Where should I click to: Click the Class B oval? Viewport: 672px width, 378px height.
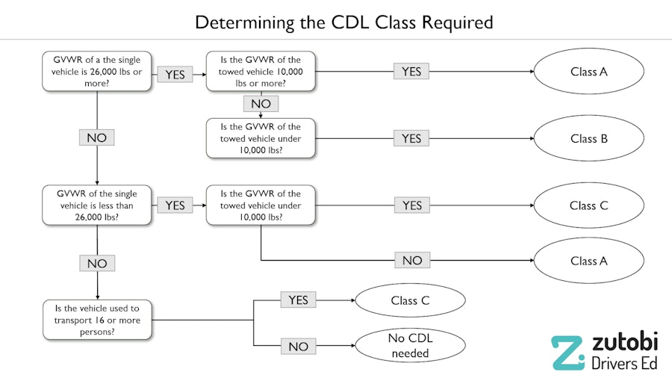[x=588, y=138]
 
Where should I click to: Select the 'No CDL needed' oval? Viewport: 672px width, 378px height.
[x=410, y=345]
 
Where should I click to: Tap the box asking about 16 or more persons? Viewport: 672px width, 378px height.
[x=97, y=320]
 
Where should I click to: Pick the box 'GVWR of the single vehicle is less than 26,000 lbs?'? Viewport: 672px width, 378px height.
[x=97, y=205]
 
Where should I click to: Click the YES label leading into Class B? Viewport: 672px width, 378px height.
[x=411, y=138]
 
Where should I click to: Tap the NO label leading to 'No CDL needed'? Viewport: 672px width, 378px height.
[x=298, y=346]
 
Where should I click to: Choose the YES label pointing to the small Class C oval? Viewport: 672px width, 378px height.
[x=298, y=300]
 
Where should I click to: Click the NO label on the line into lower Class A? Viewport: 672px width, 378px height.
[x=411, y=261]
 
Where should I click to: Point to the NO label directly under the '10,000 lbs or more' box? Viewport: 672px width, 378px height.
[x=261, y=104]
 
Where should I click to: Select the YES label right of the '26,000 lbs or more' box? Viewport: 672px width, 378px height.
[x=174, y=75]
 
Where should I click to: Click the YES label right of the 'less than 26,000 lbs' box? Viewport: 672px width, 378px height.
[x=174, y=205]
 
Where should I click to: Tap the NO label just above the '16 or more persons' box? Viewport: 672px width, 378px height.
[x=97, y=264]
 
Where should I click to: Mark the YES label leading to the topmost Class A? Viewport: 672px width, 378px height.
[x=411, y=72]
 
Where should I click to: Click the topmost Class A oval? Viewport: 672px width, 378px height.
[x=588, y=72]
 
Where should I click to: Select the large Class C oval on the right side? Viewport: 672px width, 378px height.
[x=588, y=205]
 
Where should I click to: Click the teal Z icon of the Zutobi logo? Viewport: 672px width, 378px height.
[x=567, y=353]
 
